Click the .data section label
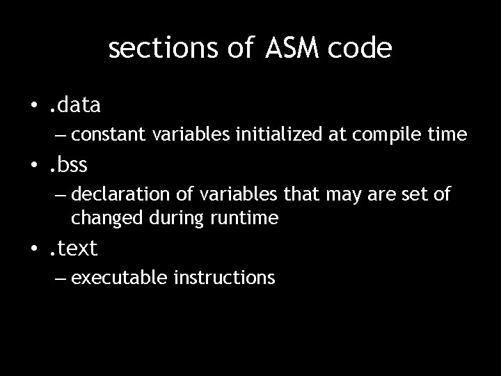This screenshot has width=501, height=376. point(74,105)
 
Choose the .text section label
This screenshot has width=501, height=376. point(73,247)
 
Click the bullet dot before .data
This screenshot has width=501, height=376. point(33,106)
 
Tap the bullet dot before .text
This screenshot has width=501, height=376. point(33,248)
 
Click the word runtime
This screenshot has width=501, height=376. point(245,218)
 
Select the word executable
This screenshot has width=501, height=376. point(109,278)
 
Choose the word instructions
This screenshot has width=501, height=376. point(224,278)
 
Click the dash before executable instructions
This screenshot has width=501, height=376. point(58,279)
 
